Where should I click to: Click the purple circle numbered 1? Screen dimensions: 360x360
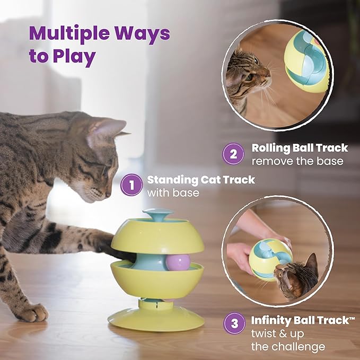tap(131, 186)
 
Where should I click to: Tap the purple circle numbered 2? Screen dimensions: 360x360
tap(233, 154)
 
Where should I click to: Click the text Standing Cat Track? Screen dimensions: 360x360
tap(200, 180)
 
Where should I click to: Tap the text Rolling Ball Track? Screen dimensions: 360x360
tap(300, 148)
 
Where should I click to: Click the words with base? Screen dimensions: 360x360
tap(173, 192)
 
